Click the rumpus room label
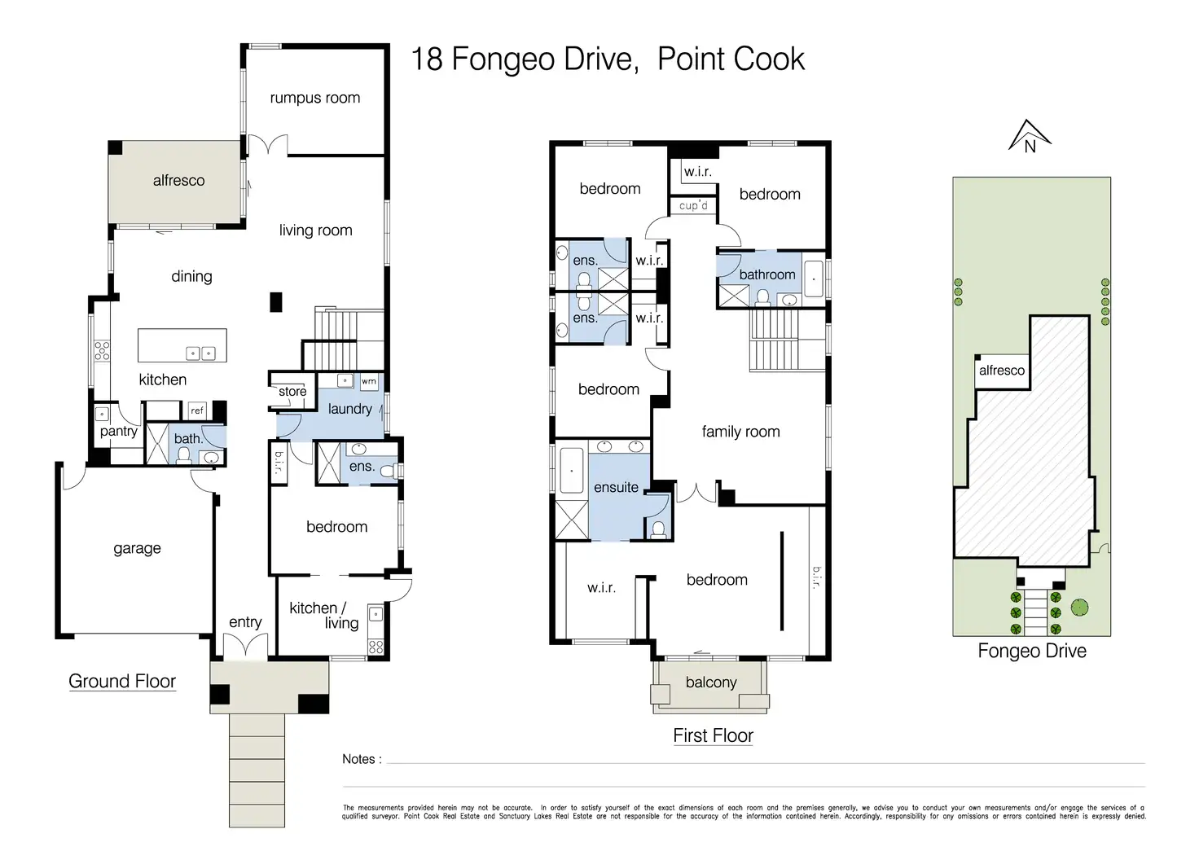pyautogui.click(x=314, y=98)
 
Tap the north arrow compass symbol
pyautogui.click(x=1030, y=137)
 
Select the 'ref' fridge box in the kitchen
pyautogui.click(x=197, y=410)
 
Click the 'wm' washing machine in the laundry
pyautogui.click(x=369, y=381)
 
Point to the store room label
pyautogui.click(x=292, y=391)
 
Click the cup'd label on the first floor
pyautogui.click(x=693, y=205)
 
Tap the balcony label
pyautogui.click(x=711, y=682)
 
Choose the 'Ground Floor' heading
pyautogui.click(x=122, y=681)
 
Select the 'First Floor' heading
pyautogui.click(x=713, y=735)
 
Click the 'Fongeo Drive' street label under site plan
pyautogui.click(x=1032, y=651)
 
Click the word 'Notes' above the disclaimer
pyautogui.click(x=358, y=759)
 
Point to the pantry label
pyautogui.click(x=119, y=432)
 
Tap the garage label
pyautogui.click(x=137, y=548)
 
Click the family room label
pyautogui.click(x=740, y=432)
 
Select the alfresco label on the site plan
pyautogui.click(x=1002, y=371)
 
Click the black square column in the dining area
pyautogui.click(x=275, y=302)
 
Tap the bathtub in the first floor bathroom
pyautogui.click(x=814, y=279)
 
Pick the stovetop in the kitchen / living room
pyautogui.click(x=376, y=647)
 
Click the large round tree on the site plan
pyautogui.click(x=1079, y=608)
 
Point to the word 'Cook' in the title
pyautogui.click(x=768, y=59)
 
